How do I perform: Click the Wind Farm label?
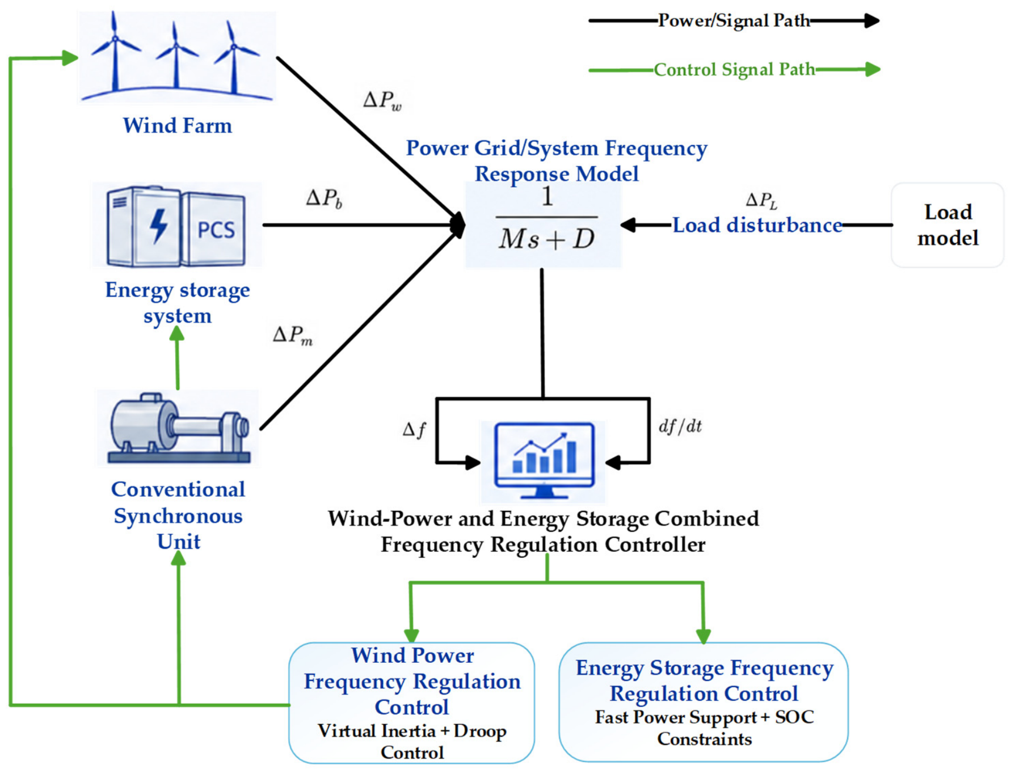coord(178,125)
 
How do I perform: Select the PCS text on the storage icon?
coord(216,230)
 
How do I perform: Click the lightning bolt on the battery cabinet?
coord(158,226)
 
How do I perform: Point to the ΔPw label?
coord(382,100)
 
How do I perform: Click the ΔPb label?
coord(324,198)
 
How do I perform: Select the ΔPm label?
coord(292,335)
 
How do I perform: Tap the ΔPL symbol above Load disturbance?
coord(761,200)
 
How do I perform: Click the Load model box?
coord(947,225)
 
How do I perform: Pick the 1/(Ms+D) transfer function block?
coord(544,225)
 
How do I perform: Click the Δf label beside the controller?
coord(414,430)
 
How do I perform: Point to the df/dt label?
coord(680,426)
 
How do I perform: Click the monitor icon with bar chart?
coord(544,460)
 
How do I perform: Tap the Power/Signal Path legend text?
coord(734,21)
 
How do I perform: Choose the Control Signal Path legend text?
coord(734,70)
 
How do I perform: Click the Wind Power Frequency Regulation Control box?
coord(411,703)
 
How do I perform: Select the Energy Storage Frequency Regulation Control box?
coord(704,701)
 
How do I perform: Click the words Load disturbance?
coord(757,225)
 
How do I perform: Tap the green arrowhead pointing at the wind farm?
coord(70,58)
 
